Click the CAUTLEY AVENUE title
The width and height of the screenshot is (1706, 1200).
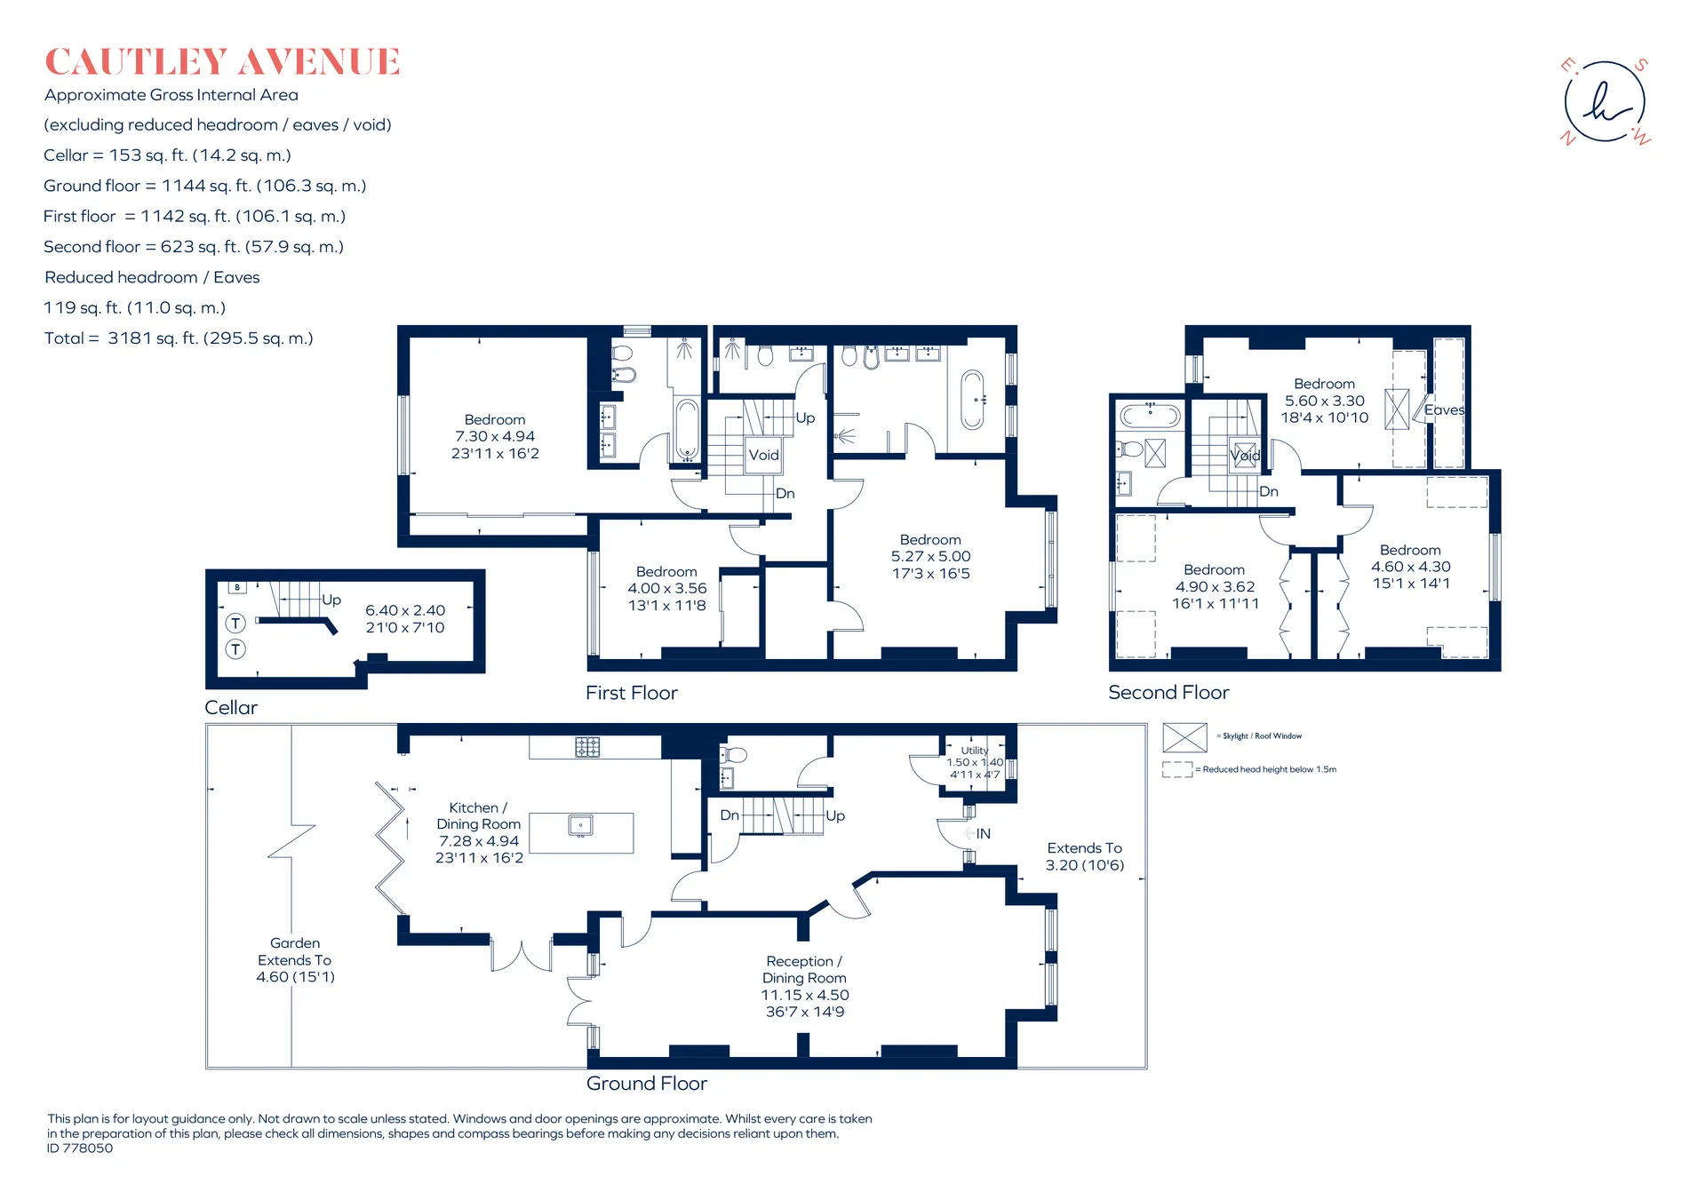point(222,62)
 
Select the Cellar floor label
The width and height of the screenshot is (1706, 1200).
point(231,708)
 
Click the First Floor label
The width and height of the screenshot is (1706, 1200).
point(631,693)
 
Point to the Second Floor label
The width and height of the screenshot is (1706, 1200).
point(1168,693)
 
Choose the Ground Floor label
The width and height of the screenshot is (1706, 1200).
point(646,1084)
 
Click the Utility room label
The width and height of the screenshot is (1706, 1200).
point(975,751)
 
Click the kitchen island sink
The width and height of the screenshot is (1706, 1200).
point(580,826)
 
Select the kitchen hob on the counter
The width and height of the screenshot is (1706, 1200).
point(587,747)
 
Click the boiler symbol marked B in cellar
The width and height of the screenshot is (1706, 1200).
point(237,588)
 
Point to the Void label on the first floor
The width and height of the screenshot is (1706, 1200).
point(763,455)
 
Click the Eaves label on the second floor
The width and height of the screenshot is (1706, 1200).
point(1444,410)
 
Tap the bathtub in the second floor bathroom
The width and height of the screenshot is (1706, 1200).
point(1150,416)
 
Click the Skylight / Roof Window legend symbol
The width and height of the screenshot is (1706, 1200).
point(1184,737)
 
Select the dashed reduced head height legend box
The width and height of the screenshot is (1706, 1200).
point(1177,769)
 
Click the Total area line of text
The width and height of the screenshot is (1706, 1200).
point(179,338)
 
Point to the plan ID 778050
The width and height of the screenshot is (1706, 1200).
point(80,1148)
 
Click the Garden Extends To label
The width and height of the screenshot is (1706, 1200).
point(295,960)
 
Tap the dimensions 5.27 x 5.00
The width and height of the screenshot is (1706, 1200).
point(930,557)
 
